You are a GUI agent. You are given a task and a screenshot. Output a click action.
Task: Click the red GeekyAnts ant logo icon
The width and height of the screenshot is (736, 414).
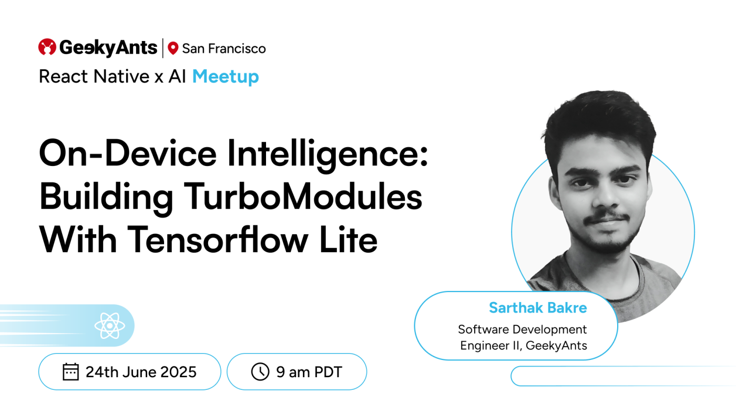(47, 47)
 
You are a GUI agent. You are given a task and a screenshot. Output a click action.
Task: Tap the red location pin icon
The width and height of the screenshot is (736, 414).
(173, 49)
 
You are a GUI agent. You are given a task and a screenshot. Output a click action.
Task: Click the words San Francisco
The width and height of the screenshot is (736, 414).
(224, 49)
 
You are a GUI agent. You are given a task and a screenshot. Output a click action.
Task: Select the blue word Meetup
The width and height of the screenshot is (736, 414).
(226, 77)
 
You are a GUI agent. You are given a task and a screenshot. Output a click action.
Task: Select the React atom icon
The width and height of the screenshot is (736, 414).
(109, 326)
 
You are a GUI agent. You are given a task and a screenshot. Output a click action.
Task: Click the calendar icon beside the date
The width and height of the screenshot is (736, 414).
(70, 372)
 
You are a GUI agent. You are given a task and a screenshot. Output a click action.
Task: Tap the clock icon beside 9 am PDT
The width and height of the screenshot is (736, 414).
(260, 372)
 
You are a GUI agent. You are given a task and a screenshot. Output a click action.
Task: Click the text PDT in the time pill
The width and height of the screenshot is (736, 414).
(328, 372)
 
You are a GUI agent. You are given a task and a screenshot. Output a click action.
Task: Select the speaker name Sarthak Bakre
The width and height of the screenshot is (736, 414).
(538, 307)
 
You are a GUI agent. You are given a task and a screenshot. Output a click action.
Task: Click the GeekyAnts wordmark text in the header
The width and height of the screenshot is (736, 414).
(108, 48)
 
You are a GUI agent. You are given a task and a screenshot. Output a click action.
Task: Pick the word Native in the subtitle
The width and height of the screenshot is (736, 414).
(116, 77)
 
